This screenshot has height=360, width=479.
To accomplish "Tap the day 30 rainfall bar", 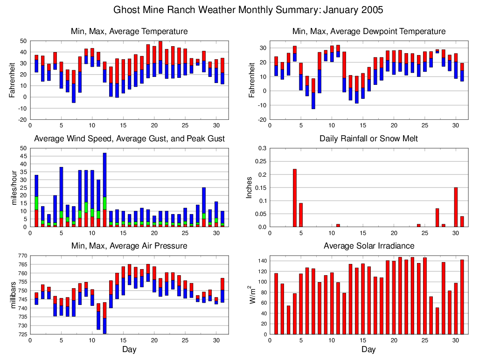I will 456,207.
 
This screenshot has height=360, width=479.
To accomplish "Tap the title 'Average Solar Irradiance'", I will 368,246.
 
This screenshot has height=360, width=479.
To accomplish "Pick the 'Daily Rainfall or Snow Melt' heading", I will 368,138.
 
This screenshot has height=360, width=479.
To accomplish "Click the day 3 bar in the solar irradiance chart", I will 288,320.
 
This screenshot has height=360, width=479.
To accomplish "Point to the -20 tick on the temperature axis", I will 22,119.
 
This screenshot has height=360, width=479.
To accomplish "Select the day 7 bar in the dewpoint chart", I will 313,94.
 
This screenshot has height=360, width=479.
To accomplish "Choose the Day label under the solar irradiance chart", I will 368,349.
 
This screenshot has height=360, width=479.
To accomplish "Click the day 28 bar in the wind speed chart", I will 204,207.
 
